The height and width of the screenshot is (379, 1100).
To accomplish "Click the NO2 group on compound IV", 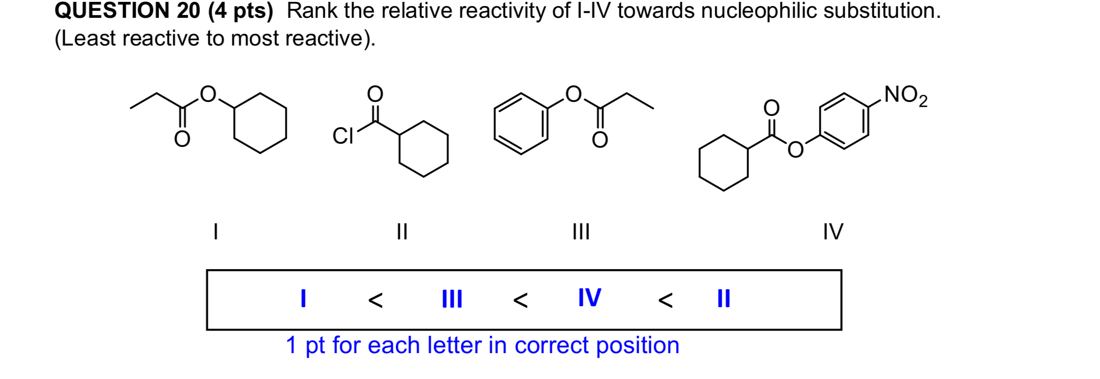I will (x=905, y=96).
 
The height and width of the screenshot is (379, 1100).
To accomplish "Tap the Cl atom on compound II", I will (x=343, y=137).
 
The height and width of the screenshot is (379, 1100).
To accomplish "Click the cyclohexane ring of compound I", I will (x=260, y=123).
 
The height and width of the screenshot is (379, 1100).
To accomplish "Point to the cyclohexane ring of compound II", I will (x=423, y=149).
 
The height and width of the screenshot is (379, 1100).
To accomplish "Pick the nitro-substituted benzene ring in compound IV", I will (x=844, y=121).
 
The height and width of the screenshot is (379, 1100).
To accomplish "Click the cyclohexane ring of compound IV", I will (x=723, y=163).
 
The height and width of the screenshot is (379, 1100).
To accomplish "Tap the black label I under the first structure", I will (x=215, y=232).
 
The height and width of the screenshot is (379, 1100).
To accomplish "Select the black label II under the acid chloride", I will (x=402, y=232).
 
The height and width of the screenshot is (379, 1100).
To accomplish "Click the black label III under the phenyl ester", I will (x=581, y=232).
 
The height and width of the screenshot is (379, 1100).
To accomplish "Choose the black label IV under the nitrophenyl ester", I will (x=833, y=232).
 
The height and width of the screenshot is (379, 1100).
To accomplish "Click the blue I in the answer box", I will (x=303, y=298).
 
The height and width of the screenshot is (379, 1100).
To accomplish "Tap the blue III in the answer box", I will (x=452, y=299).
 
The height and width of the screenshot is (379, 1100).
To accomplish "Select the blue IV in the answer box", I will (x=589, y=298).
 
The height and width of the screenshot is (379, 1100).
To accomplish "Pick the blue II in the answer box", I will (x=724, y=298).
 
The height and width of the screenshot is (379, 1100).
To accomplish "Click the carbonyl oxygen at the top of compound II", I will (x=375, y=94).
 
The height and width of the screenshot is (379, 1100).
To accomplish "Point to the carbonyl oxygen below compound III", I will (x=600, y=140).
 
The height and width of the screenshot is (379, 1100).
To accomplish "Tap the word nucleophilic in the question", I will (x=760, y=11).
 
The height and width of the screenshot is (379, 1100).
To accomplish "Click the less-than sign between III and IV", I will (x=520, y=300).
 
